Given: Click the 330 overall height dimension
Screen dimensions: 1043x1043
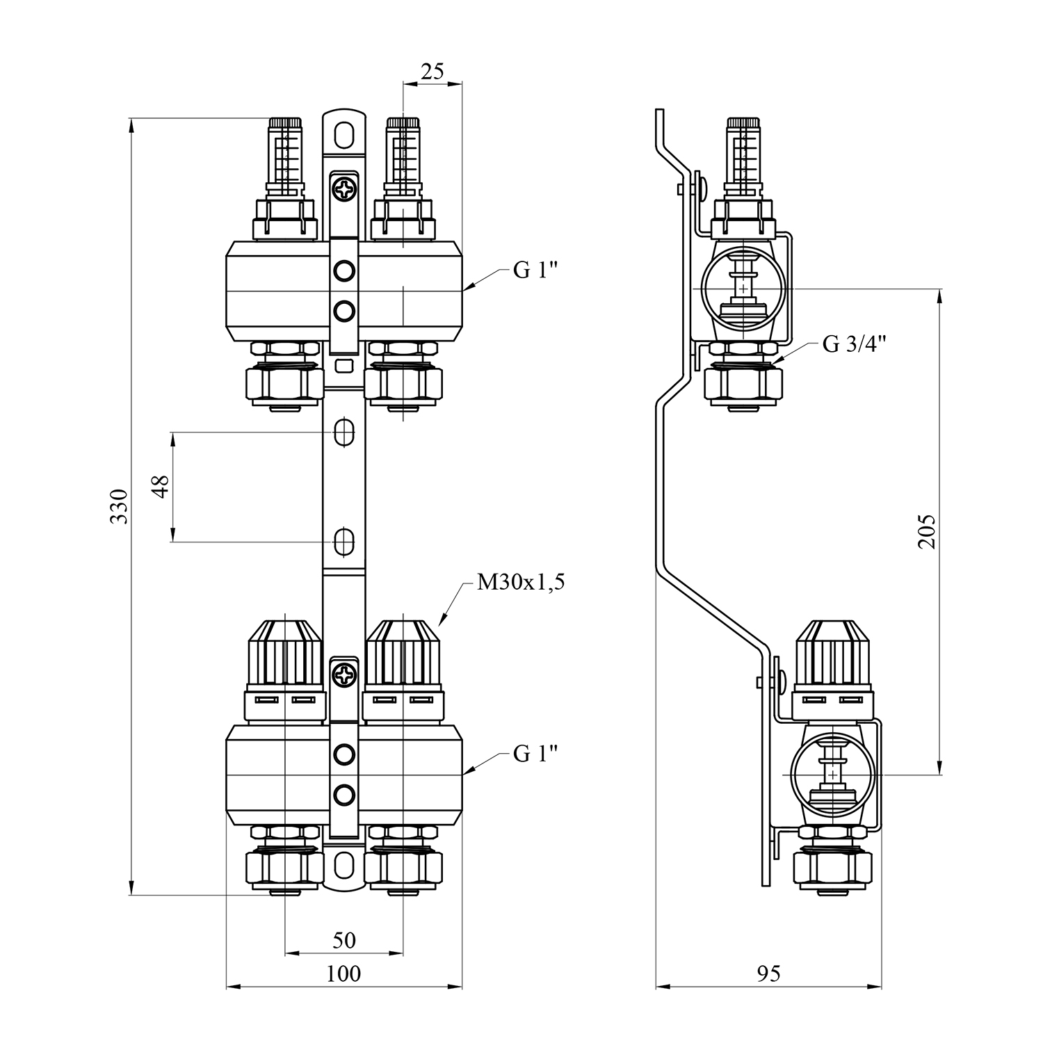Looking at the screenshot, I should tap(120, 506).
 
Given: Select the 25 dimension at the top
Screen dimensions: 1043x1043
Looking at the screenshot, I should tap(432, 72).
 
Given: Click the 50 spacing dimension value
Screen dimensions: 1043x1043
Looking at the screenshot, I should tap(343, 940).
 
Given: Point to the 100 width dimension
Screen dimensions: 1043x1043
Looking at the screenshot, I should tap(343, 973).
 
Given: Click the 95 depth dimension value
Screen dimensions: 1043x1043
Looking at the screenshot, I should tap(768, 973).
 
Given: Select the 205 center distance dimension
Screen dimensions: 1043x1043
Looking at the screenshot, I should tap(928, 532).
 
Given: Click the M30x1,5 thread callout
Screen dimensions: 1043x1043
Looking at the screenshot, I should tap(521, 583).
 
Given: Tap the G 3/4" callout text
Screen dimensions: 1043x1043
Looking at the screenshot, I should tap(855, 344).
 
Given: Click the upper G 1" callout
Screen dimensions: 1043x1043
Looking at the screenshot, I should tap(536, 270).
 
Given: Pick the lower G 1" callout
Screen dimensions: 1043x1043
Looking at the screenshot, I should tap(536, 753).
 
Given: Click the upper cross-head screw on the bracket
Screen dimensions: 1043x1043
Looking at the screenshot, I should tap(343, 188).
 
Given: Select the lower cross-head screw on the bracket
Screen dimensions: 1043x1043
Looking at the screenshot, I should tap(343, 673).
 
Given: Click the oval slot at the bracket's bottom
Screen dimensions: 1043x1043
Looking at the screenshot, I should tap(343, 866).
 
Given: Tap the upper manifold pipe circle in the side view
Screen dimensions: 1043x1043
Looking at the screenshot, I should tap(743, 288).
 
